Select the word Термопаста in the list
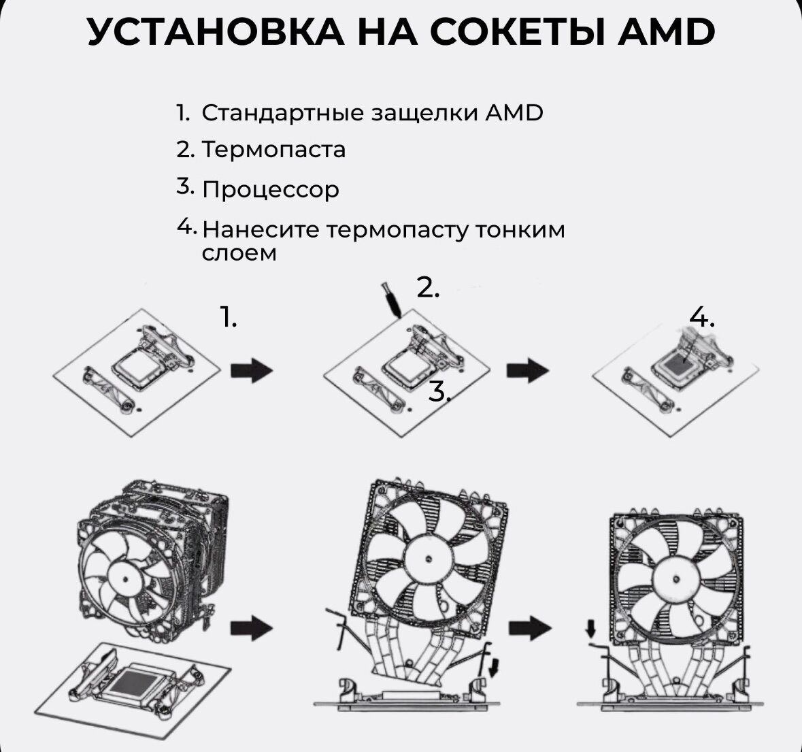273,149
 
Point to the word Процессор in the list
270,189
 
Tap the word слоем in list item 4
239,253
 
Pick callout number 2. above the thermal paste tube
428,288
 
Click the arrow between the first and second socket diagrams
252,371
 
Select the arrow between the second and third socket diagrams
527,371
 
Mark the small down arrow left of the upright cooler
589,628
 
